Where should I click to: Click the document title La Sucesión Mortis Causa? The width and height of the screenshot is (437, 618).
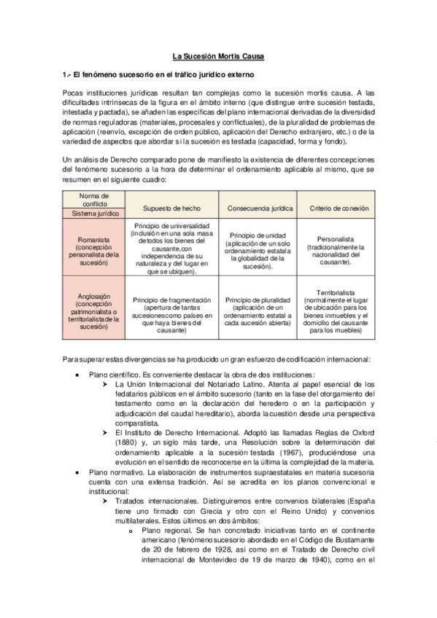pyautogui.click(x=218, y=56)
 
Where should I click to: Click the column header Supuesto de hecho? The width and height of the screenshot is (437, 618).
pyautogui.click(x=171, y=208)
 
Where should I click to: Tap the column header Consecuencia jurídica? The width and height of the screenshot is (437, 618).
pyautogui.click(x=260, y=208)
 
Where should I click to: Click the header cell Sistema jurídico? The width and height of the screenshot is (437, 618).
pyautogui.click(x=93, y=214)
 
